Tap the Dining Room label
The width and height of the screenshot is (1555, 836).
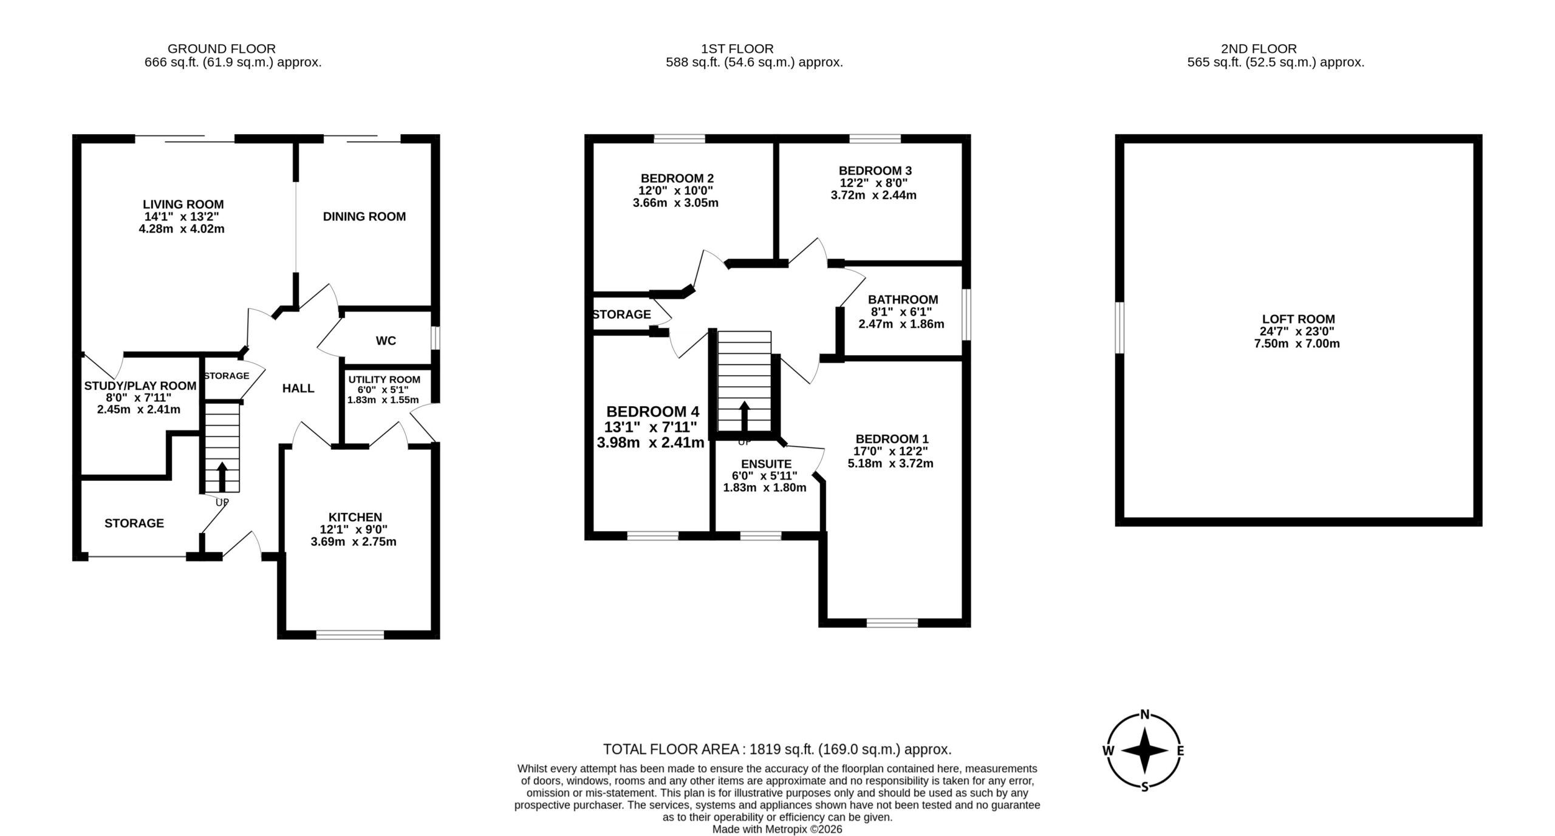tap(364, 217)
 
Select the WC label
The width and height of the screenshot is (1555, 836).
tap(386, 341)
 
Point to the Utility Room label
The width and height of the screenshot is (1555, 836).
tap(384, 379)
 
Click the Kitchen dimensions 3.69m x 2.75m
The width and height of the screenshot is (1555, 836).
tap(354, 542)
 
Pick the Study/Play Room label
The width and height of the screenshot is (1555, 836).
tap(140, 386)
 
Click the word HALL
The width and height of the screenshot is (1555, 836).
tap(298, 389)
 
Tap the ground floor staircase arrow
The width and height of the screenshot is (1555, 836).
tap(222, 477)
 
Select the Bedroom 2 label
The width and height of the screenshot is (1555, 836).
tap(677, 178)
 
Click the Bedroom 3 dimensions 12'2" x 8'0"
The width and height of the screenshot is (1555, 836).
tap(874, 183)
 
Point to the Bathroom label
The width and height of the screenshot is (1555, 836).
tap(903, 299)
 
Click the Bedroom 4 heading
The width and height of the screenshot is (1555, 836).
tap(653, 412)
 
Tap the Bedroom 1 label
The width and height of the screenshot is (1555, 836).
tap(892, 439)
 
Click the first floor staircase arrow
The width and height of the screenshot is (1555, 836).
tap(744, 416)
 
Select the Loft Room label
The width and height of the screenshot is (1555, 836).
tap(1298, 319)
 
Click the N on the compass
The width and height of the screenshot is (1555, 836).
tap(1145, 714)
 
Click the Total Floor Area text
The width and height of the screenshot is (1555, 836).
tap(777, 749)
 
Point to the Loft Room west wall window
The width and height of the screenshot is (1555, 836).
tap(1119, 327)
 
